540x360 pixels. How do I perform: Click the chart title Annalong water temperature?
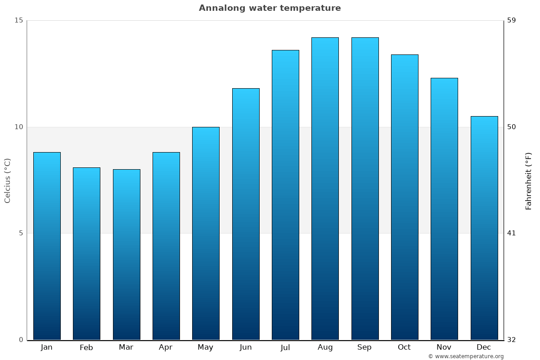[270, 8]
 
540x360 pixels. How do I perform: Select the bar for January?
[47, 246]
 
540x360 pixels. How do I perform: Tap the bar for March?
[126, 254]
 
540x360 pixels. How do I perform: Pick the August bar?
[325, 189]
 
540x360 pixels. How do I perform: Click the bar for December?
[484, 228]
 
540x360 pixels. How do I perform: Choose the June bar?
[246, 214]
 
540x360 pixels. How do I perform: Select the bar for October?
[405, 197]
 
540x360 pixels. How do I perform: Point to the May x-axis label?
[205, 347]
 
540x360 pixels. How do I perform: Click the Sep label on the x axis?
[364, 347]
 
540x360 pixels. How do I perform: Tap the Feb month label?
[86, 347]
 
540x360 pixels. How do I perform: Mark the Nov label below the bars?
[444, 347]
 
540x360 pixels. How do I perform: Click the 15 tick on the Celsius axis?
[18, 20]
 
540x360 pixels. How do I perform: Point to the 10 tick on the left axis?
[18, 127]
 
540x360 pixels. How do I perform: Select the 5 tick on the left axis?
[20, 233]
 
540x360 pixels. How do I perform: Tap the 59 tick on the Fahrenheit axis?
[512, 20]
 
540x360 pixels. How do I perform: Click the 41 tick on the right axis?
[512, 233]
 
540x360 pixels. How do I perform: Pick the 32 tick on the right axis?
[512, 340]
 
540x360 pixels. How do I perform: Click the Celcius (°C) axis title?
[8, 180]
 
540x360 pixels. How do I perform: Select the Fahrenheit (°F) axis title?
[529, 180]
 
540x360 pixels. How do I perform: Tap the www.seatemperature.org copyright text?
[466, 356]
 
